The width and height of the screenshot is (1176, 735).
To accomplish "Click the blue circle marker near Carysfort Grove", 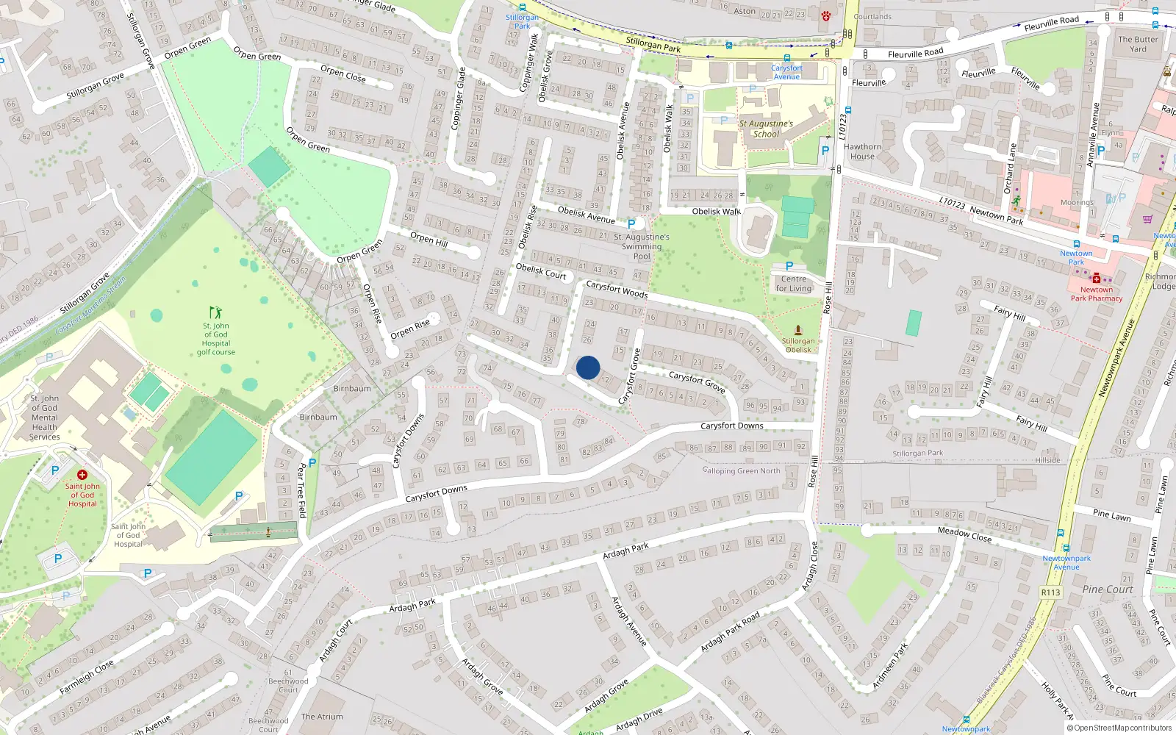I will pos(588,367).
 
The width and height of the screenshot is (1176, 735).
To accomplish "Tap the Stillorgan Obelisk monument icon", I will pos(798,331).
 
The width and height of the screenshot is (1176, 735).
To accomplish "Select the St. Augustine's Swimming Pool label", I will pos(642,246).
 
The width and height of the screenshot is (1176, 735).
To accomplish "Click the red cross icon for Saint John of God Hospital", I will pos(82,475).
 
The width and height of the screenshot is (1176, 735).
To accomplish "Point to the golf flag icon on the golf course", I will pos(215,312).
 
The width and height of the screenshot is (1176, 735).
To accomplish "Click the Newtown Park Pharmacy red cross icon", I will pos(1097,278).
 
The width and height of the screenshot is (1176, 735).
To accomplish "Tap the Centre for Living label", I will pos(794,284).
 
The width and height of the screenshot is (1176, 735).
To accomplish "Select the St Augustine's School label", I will pos(766,129).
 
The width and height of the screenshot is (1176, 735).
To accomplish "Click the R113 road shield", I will pos(1050,592).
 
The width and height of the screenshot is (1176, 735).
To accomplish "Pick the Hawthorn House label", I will pos(862,151).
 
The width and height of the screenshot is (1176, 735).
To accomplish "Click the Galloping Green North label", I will pos(741,471).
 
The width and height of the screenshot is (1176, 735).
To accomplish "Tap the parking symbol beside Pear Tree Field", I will pos(312,463).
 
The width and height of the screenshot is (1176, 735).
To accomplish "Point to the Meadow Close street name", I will pos(964,534).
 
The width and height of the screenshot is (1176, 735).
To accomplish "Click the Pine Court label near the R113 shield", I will pos(1108,589).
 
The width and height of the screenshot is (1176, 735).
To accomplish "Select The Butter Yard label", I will pos(1138,44).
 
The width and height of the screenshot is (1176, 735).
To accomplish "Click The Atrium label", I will pos(322,717).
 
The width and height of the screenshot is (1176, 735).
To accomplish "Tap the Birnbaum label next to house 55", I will pos(352,388).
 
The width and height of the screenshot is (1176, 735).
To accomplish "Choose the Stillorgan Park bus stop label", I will pos(522,21).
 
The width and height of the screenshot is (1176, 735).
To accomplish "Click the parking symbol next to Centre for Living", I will pos(789,266).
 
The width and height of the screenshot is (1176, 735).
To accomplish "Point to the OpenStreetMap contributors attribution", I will pos(1119,728).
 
